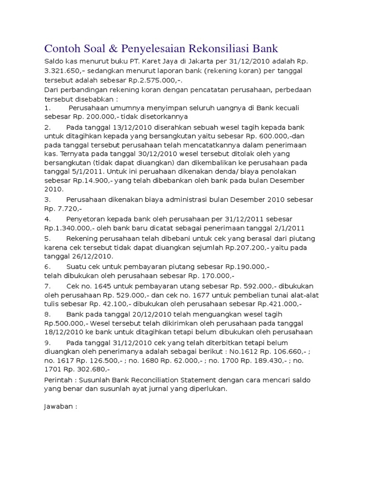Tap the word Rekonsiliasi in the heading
tap(214, 49)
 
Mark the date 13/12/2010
tap(131, 128)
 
